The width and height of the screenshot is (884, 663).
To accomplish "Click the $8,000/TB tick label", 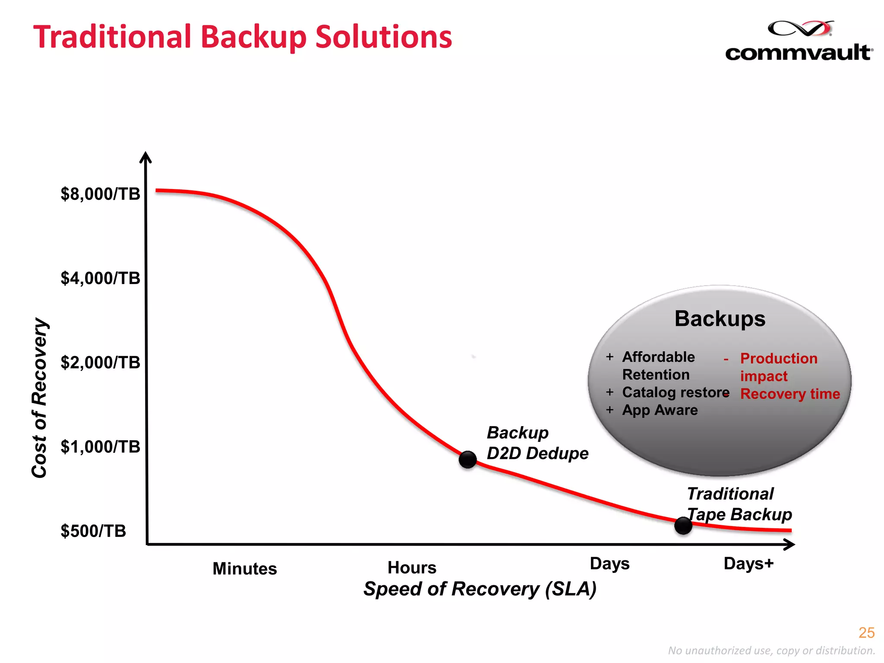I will click(100, 194).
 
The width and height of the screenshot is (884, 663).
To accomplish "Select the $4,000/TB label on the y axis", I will click(100, 278).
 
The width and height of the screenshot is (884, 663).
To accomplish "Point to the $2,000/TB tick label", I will click(100, 363).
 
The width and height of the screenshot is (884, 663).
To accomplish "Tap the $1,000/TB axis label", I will click(100, 447).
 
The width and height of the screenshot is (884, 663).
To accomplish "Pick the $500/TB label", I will click(93, 531).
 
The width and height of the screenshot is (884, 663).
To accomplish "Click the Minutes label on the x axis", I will click(245, 569).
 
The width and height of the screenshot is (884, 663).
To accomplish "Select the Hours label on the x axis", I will click(412, 568).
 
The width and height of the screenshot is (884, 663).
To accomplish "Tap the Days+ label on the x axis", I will click(748, 564).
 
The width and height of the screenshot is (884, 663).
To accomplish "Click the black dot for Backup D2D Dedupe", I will click(467, 460).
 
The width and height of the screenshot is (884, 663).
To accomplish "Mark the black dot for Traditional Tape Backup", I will click(683, 525).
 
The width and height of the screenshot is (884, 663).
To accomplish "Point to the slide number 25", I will click(866, 633).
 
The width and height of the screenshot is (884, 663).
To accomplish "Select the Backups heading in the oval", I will click(720, 319).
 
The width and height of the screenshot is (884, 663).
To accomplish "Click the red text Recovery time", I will click(790, 394).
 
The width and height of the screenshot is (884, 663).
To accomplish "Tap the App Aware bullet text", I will click(660, 410).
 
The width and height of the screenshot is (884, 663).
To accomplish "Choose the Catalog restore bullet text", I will click(676, 392).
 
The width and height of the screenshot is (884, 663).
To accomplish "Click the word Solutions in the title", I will click(384, 37).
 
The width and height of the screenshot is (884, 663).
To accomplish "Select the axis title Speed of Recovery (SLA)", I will click(480, 589).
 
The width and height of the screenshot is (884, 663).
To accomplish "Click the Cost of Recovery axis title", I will click(40, 398).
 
